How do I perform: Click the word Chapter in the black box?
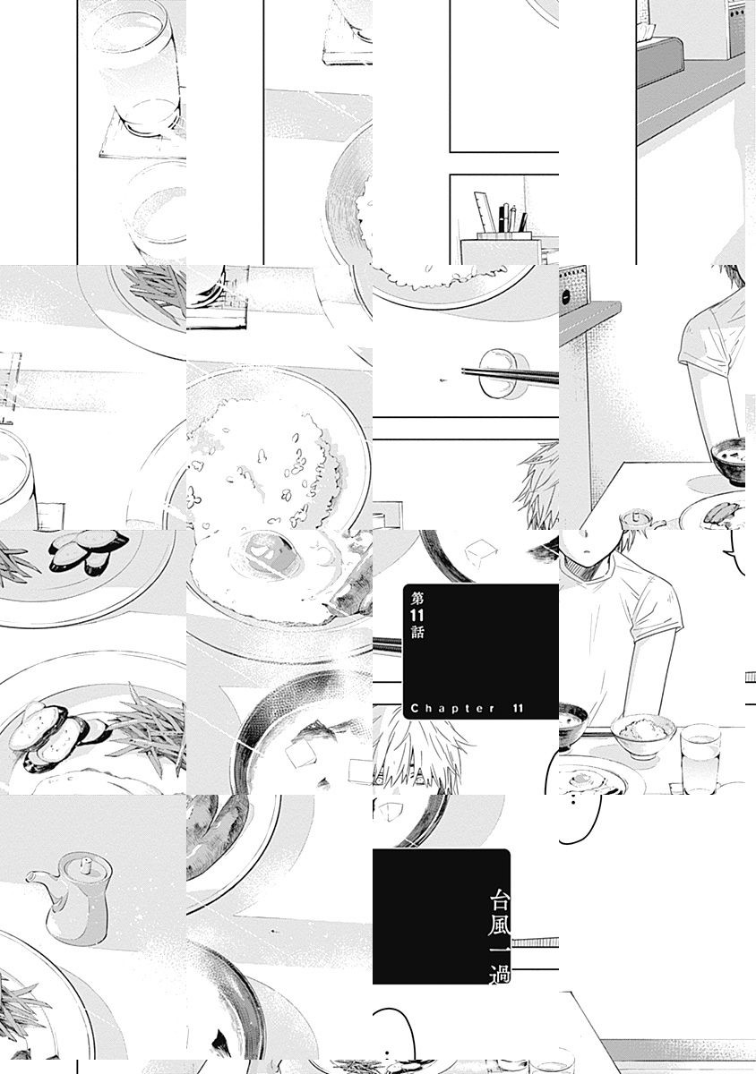point(453,708)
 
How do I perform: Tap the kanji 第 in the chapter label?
point(417,599)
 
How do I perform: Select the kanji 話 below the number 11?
point(417,633)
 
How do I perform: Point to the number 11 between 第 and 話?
point(417,616)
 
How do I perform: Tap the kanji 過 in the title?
point(500,975)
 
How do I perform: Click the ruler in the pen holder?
point(485,212)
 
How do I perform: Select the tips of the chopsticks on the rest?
point(464,371)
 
